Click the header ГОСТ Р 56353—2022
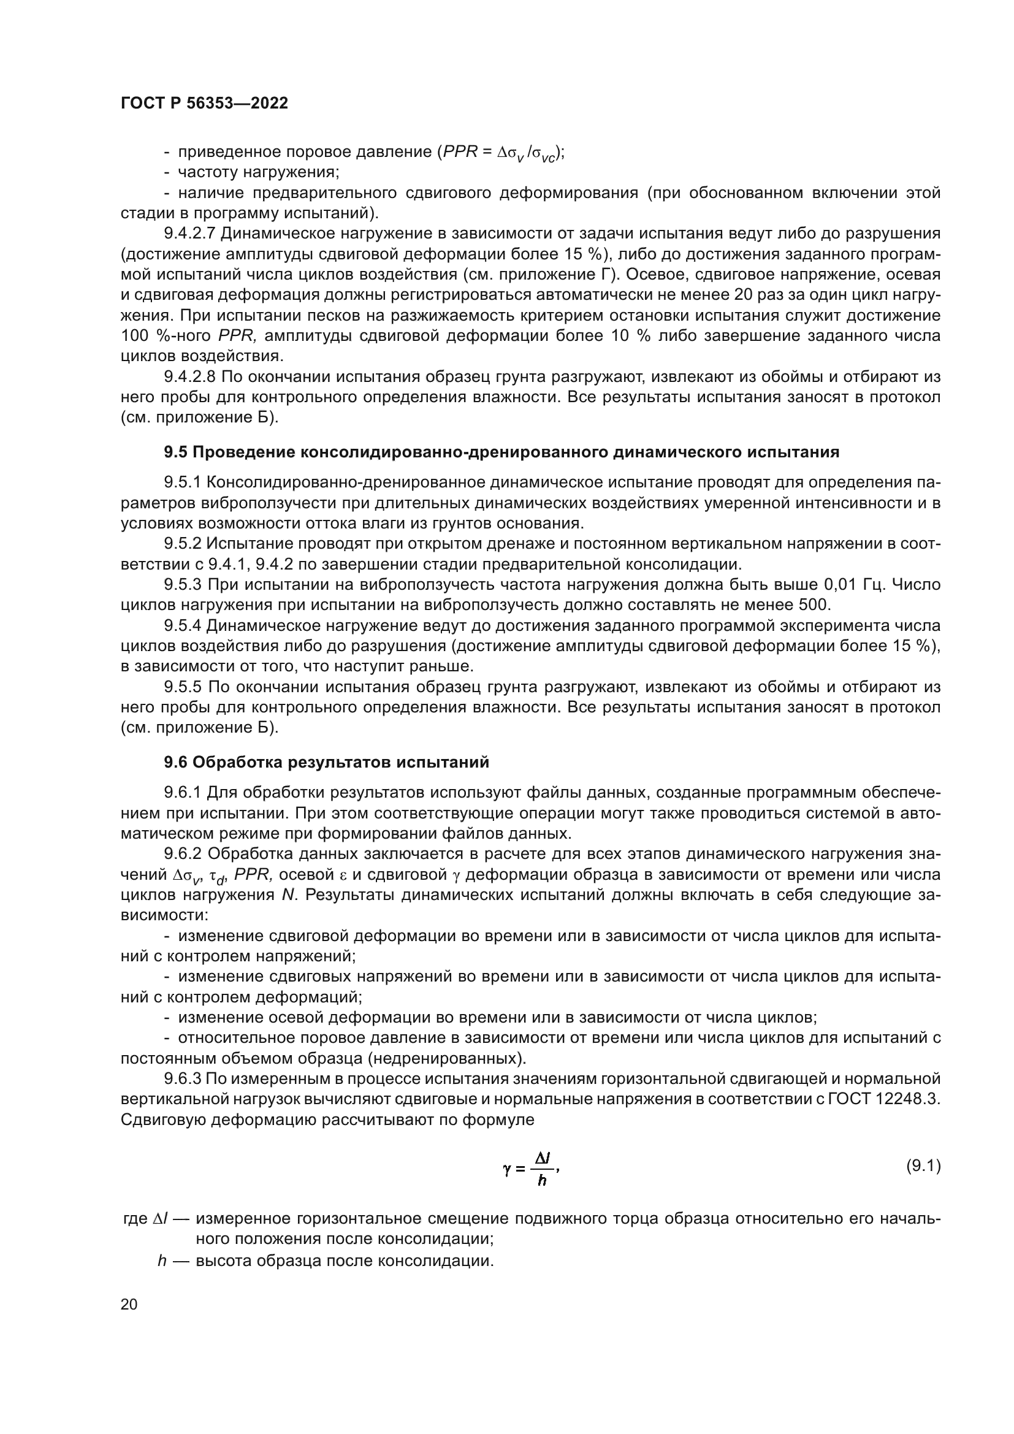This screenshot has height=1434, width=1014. [x=204, y=104]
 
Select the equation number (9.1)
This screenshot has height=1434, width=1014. [x=923, y=1165]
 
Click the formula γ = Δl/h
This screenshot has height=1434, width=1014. [x=530, y=1169]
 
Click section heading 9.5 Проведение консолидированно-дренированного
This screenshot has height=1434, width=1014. [x=501, y=452]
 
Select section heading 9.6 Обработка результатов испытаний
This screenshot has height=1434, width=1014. [x=327, y=762]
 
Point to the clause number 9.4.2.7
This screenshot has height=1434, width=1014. [x=189, y=234]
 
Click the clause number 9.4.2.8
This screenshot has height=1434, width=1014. [x=189, y=376]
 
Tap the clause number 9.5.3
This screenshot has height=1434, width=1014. [x=183, y=585]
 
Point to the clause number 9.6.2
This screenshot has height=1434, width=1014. [x=183, y=854]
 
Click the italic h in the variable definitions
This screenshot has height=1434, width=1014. [x=162, y=1260]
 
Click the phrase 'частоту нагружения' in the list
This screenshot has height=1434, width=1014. [x=258, y=172]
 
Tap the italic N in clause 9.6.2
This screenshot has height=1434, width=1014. [x=287, y=895]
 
